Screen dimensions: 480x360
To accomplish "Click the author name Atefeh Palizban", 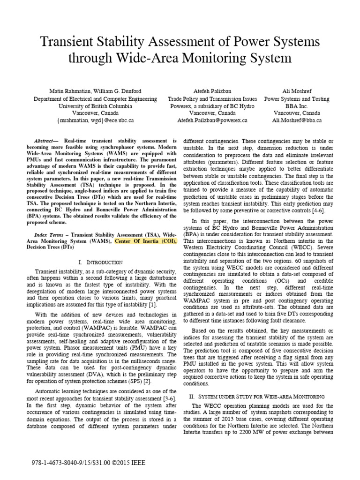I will point(212,90).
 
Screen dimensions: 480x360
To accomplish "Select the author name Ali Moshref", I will point(297,90).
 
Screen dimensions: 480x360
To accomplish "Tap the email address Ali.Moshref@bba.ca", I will point(297,120).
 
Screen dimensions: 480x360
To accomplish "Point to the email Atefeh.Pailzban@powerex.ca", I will point(212,120).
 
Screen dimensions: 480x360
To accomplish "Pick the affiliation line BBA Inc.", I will point(297,106).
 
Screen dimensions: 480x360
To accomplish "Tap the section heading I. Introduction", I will point(97,262).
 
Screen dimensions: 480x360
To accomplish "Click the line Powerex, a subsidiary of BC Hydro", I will point(212,106).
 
